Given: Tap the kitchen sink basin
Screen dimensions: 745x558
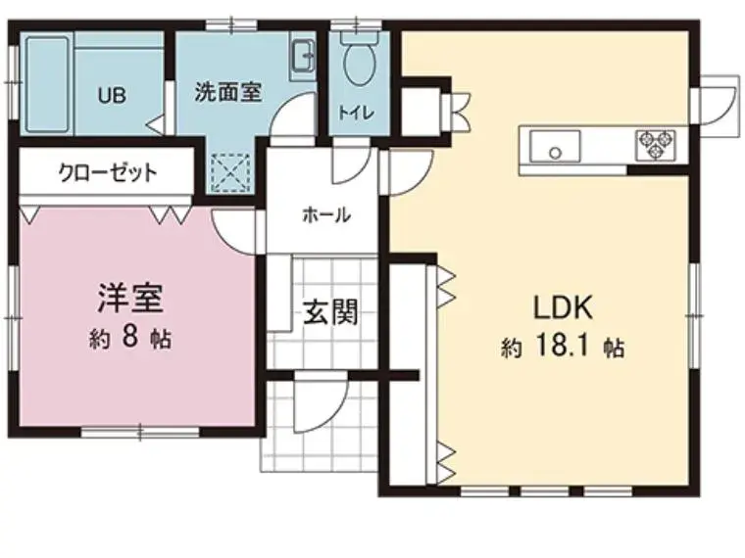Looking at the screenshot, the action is (x=555, y=146).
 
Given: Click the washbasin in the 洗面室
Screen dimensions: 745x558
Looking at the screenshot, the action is (x=302, y=56).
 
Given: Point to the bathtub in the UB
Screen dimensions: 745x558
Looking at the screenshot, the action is (x=47, y=84).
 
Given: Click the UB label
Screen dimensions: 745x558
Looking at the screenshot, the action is (x=112, y=96).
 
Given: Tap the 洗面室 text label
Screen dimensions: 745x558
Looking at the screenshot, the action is (x=228, y=93).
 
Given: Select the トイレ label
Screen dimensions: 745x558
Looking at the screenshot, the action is (x=357, y=113).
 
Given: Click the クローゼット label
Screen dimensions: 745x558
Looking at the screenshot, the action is (x=108, y=172).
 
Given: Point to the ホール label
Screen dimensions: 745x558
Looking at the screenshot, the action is (x=326, y=215).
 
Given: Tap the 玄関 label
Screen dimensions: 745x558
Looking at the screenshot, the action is (x=330, y=312).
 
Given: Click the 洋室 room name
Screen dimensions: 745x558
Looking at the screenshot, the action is (x=130, y=298).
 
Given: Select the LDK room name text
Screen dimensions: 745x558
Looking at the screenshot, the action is (x=564, y=307).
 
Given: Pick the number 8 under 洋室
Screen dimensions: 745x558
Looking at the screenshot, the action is (x=130, y=337).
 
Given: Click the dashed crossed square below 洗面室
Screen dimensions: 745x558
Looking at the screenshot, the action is (x=230, y=172).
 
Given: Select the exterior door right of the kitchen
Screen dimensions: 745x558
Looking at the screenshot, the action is (x=718, y=107).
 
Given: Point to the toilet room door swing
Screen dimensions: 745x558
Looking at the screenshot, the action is (x=351, y=161).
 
